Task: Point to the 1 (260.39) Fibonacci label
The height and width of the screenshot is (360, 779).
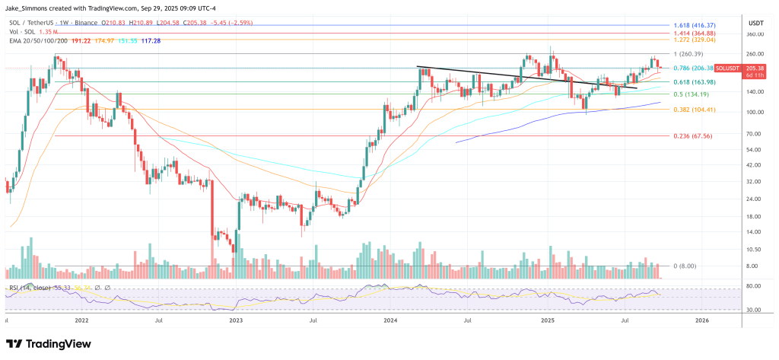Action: tap(689, 54)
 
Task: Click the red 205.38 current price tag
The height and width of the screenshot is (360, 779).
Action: tap(755, 68)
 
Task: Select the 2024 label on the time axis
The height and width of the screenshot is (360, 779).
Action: tap(391, 321)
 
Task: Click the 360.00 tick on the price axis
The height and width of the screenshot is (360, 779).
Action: tap(755, 34)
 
